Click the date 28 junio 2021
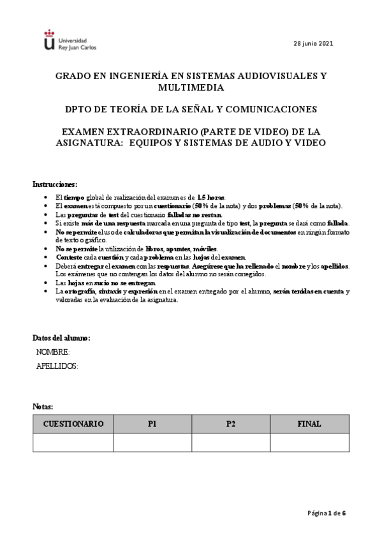[x=312, y=43]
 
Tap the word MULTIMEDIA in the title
[x=191, y=87]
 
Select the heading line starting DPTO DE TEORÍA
[x=191, y=109]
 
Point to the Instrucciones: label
[x=55, y=184]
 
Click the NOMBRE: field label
[x=53, y=352]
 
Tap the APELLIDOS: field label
[x=57, y=366]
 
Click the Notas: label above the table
[x=43, y=406]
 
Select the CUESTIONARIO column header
[x=73, y=424]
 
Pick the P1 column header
[x=152, y=424]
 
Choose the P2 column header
[x=230, y=424]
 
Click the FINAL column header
[x=309, y=424]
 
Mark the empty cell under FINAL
[x=309, y=442]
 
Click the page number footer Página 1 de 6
[x=327, y=512]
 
